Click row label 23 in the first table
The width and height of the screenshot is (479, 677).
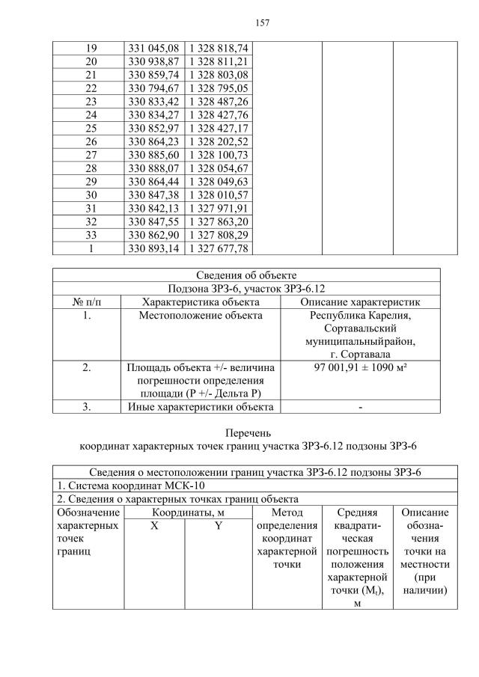click(91, 101)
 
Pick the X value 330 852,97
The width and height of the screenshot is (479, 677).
click(153, 128)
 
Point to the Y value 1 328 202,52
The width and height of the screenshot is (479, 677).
click(218, 141)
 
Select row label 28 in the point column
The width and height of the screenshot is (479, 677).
click(91, 168)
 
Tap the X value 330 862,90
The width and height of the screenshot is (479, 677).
click(153, 235)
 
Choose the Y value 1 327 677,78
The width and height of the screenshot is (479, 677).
click(218, 248)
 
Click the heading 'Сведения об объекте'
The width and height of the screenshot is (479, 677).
click(246, 275)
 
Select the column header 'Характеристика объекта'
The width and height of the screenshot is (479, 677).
click(201, 302)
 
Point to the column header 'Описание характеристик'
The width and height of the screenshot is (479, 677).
click(360, 302)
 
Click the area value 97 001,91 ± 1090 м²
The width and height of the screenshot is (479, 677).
click(360, 367)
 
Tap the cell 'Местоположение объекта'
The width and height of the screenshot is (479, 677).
click(201, 316)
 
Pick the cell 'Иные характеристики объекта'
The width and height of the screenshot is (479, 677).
click(201, 407)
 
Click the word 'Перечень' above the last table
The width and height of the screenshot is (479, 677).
click(247, 432)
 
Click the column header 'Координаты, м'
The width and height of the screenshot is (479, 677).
click(188, 512)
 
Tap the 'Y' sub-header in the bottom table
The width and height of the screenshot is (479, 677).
click(218, 526)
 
